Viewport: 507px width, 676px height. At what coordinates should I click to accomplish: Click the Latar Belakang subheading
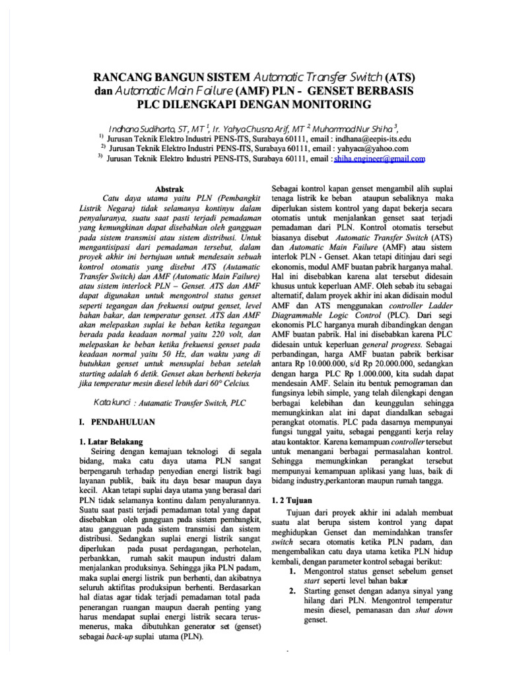tap(114, 440)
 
